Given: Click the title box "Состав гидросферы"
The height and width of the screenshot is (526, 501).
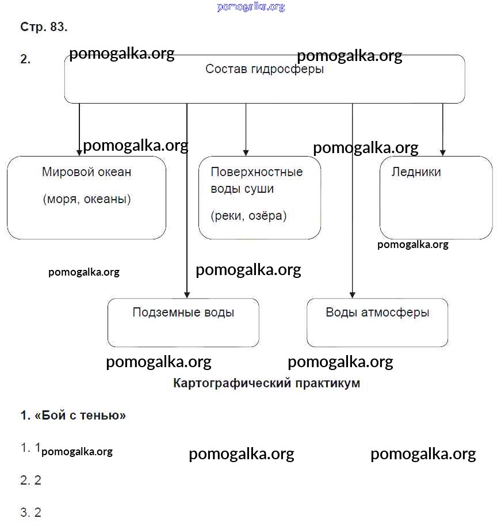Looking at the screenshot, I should [264, 79].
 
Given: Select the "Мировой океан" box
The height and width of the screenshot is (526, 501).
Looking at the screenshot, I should [86, 197].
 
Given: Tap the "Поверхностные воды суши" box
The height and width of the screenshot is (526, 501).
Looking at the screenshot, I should [259, 197].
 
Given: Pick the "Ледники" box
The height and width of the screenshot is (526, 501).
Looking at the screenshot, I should [435, 197].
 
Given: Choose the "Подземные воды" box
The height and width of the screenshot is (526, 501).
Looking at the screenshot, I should [183, 322].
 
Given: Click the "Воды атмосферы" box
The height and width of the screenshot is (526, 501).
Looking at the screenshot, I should [377, 322].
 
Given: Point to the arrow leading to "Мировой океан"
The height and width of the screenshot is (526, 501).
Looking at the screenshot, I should [79, 129].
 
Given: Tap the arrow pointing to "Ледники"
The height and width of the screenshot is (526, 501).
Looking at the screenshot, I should [442, 129].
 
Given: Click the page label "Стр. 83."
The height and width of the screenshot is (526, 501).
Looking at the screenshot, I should [44, 27].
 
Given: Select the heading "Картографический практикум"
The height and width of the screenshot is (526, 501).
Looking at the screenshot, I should [266, 383].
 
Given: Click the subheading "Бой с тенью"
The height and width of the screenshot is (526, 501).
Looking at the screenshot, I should [73, 416].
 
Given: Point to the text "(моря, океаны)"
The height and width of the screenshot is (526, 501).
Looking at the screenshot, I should [86, 200].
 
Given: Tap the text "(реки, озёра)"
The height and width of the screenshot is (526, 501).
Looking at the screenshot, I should [248, 216].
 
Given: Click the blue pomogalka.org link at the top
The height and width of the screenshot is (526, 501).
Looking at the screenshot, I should [251, 7].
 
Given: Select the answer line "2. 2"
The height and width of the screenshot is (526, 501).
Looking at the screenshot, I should [31, 480].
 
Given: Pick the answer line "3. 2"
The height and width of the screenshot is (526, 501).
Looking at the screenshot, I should [31, 513].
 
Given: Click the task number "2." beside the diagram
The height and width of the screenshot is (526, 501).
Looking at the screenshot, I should [25, 59].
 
